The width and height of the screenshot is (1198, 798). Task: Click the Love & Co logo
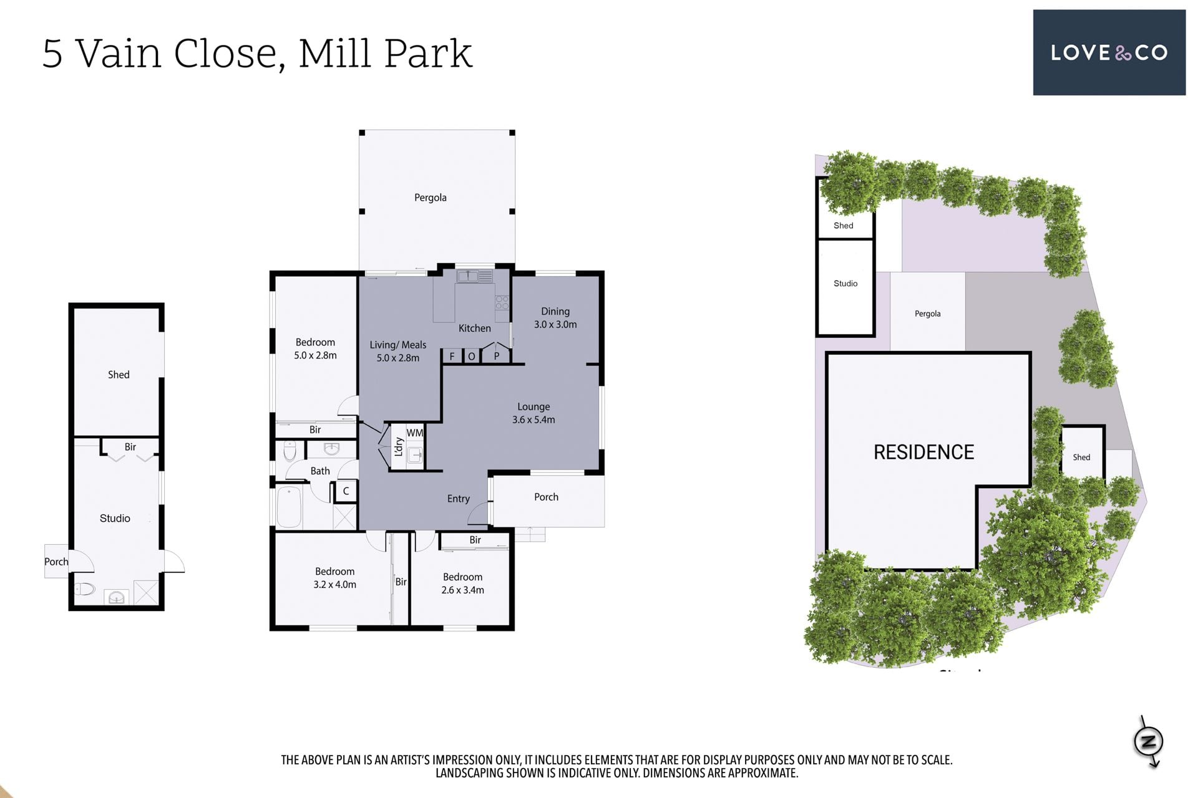coord(1109,52)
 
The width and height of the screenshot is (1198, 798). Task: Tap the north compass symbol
coord(1148,741)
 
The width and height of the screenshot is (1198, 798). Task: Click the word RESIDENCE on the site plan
coord(923,452)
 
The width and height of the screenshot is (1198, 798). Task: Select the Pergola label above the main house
coord(431,198)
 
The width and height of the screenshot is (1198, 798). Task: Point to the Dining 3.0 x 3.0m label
coord(555,318)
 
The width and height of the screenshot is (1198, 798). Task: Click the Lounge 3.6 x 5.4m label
coord(533,413)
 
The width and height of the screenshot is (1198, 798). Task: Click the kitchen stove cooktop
coord(502,303)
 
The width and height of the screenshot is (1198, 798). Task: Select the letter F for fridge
coord(452,357)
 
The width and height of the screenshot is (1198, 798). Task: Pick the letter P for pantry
coord(497,357)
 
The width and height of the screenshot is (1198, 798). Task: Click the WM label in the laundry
coord(415,433)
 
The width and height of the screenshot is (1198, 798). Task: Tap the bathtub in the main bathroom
coord(290,507)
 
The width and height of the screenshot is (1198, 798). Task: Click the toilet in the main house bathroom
coord(290,451)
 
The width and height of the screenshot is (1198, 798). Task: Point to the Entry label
coord(459,499)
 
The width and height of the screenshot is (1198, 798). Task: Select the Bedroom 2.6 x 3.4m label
coord(463,584)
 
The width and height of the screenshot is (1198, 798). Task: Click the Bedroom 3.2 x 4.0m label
coord(335,578)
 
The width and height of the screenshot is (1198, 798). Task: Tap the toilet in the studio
coord(84,589)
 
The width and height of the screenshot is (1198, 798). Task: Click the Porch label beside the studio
coord(56,562)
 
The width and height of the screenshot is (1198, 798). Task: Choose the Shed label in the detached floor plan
coord(119,375)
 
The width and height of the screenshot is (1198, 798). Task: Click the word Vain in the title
coord(119,54)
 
